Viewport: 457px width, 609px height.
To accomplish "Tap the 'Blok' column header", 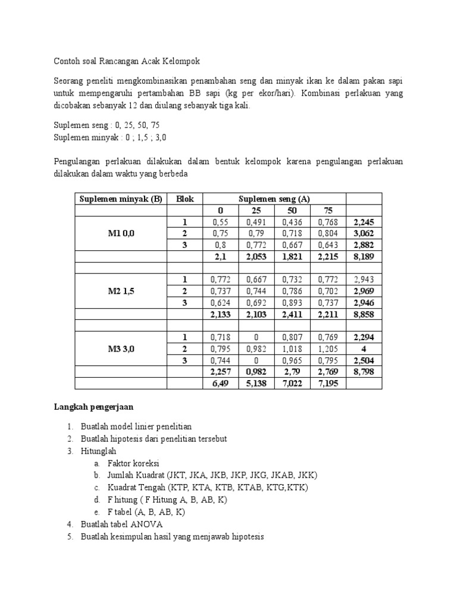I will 185,199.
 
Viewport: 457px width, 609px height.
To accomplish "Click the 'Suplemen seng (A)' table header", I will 274,199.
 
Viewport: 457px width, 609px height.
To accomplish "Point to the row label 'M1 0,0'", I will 121,233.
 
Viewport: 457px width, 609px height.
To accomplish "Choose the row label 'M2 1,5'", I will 121,291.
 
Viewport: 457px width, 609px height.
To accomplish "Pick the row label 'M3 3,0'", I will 121,349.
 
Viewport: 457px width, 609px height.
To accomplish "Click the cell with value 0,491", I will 256,222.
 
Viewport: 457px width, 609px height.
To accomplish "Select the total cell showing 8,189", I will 364,256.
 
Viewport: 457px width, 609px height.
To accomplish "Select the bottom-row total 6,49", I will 221,384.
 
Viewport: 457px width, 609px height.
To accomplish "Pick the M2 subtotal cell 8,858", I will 364,314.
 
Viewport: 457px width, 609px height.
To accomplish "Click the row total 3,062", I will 364,233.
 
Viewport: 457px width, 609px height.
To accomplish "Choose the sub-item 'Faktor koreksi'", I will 134,463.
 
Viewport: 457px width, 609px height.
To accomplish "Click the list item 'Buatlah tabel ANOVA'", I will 122,524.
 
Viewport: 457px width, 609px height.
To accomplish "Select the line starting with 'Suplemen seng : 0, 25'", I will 107,125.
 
